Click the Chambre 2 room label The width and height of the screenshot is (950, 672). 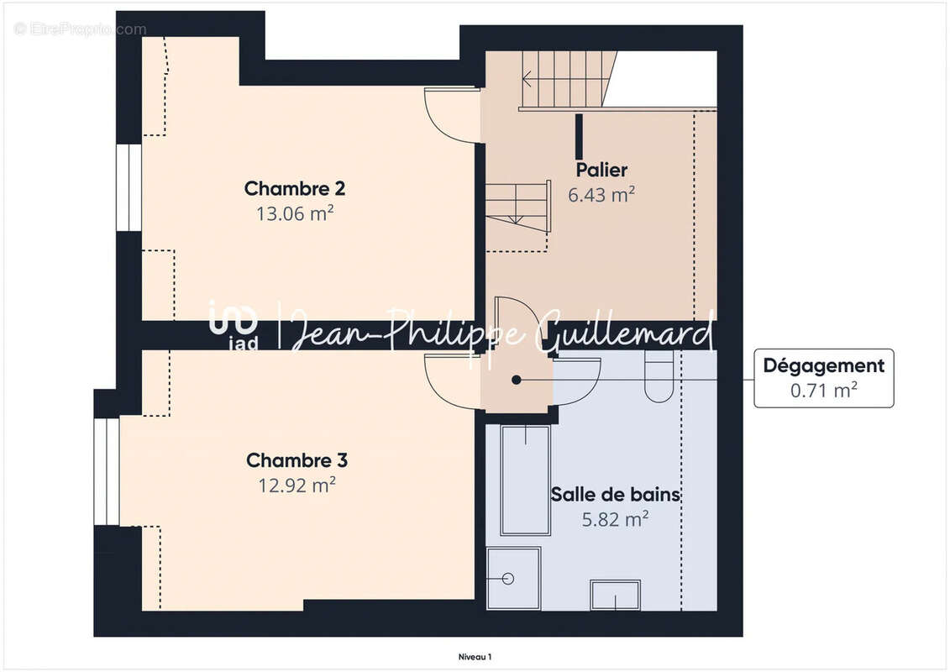pyautogui.click(x=295, y=188)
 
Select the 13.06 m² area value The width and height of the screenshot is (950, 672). pyautogui.click(x=295, y=213)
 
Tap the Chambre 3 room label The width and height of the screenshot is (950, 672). pyautogui.click(x=297, y=460)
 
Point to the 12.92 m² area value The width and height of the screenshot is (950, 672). pyautogui.click(x=297, y=485)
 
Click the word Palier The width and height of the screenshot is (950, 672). pyautogui.click(x=601, y=170)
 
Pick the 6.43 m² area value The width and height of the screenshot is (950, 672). pyautogui.click(x=601, y=194)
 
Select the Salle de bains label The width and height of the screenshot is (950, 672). pyautogui.click(x=615, y=495)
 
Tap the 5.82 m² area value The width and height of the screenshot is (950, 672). pyautogui.click(x=615, y=519)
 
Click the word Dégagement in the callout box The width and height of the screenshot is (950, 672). pyautogui.click(x=823, y=365)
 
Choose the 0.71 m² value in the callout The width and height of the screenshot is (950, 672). pyautogui.click(x=823, y=390)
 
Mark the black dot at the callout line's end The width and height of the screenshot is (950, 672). pyautogui.click(x=517, y=380)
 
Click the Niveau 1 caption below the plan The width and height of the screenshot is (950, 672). pyautogui.click(x=475, y=657)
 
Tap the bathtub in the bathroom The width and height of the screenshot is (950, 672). pyautogui.click(x=525, y=480)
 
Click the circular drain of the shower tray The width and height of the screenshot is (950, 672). pyautogui.click(x=507, y=578)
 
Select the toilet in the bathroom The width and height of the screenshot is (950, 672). pyautogui.click(x=659, y=378)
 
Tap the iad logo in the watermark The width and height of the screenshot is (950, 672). pyautogui.click(x=234, y=323)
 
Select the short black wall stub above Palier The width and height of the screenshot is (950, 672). pyautogui.click(x=579, y=135)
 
